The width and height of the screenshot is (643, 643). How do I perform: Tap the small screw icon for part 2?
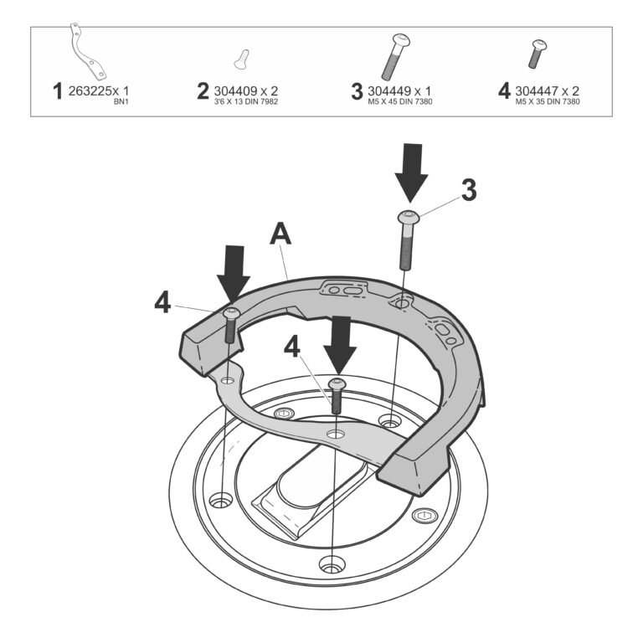(x=242, y=59)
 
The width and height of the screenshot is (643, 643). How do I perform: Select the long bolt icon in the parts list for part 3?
(x=396, y=57)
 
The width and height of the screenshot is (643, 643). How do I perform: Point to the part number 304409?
(x=235, y=91)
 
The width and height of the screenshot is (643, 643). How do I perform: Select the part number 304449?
(x=389, y=91)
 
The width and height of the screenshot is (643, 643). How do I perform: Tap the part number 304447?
(x=537, y=91)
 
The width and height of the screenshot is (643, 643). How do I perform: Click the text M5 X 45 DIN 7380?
(x=400, y=101)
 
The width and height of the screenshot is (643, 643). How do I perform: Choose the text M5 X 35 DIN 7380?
(x=548, y=101)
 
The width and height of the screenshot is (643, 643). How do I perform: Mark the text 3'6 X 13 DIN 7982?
(x=246, y=101)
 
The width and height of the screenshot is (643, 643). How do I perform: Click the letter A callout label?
(x=280, y=234)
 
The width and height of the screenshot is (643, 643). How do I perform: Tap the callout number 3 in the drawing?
(x=469, y=190)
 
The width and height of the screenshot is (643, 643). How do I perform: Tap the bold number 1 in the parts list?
(x=58, y=91)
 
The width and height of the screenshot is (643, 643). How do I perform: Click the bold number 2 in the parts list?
(x=203, y=91)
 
